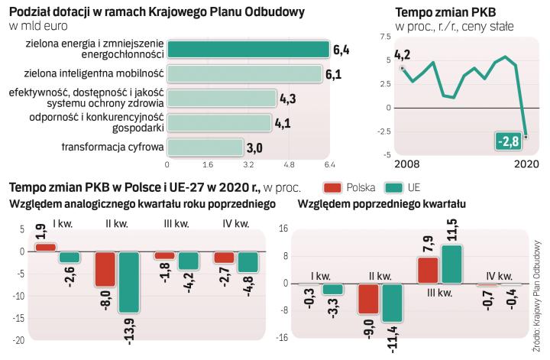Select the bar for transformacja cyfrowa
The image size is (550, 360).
click(205, 148)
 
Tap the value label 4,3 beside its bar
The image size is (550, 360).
click(288, 98)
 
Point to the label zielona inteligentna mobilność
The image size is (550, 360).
click(89, 74)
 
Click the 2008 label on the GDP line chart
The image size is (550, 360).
click(407, 164)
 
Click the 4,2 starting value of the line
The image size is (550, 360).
click(403, 55)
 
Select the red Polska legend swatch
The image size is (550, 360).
click(331, 186)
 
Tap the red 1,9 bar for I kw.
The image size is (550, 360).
click(46, 247)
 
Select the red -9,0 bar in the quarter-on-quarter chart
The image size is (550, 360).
click(369, 299)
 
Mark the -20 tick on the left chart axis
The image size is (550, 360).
click(18, 339)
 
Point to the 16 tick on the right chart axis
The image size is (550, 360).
click(282, 229)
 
